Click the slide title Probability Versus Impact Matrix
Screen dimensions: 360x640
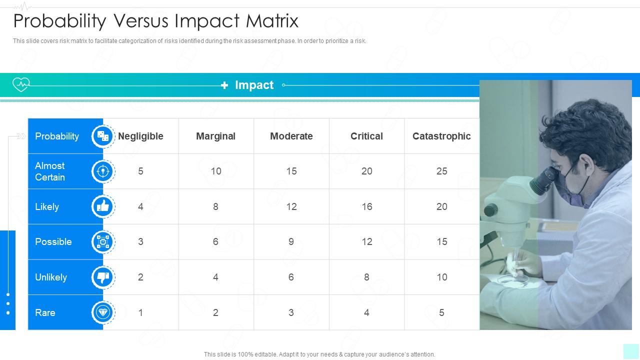[x=155, y=21]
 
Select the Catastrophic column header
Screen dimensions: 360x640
[x=441, y=136]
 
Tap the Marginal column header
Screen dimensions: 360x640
[x=215, y=136]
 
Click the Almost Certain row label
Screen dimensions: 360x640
[x=50, y=171]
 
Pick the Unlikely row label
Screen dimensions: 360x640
[x=51, y=277]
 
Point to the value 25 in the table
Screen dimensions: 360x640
[x=441, y=171]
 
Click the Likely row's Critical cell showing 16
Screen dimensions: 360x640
[x=366, y=206]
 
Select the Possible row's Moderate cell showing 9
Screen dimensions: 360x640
[x=291, y=241]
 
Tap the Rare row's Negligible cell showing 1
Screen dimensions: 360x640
[x=140, y=312]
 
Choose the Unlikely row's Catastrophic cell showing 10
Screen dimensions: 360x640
[x=441, y=277]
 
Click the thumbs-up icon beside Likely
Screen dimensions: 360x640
[x=103, y=206]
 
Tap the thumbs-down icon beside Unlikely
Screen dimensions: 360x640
[x=103, y=277]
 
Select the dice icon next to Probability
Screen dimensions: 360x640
[x=103, y=136]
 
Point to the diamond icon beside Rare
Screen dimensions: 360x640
[x=103, y=312]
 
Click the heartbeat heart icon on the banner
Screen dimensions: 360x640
[x=21, y=84]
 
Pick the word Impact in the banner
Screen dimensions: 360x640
[x=254, y=85]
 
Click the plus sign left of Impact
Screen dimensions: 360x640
[x=224, y=85]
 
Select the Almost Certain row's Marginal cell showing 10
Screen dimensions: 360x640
[x=215, y=171]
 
